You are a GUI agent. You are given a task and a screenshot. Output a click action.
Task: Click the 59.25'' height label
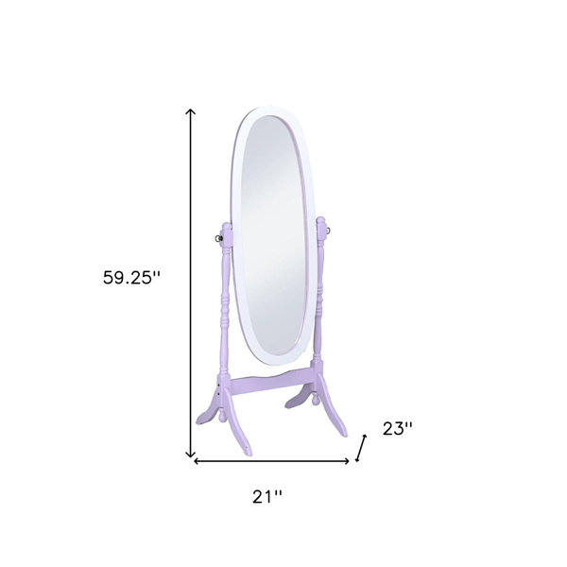click(131, 278)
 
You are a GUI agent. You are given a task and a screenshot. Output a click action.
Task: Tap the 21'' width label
click(266, 496)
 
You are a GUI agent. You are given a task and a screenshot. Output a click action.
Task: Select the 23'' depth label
click(397, 429)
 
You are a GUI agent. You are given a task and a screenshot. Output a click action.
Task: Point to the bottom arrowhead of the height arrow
click(191, 455)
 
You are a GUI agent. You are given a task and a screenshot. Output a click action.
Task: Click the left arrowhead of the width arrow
click(197, 461)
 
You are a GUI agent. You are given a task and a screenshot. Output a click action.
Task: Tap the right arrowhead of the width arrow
click(347, 461)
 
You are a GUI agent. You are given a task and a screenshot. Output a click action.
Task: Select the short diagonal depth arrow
click(361, 448)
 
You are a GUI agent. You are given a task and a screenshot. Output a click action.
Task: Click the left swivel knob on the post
click(217, 238)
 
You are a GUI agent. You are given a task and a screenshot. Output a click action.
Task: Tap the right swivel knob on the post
click(328, 230)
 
